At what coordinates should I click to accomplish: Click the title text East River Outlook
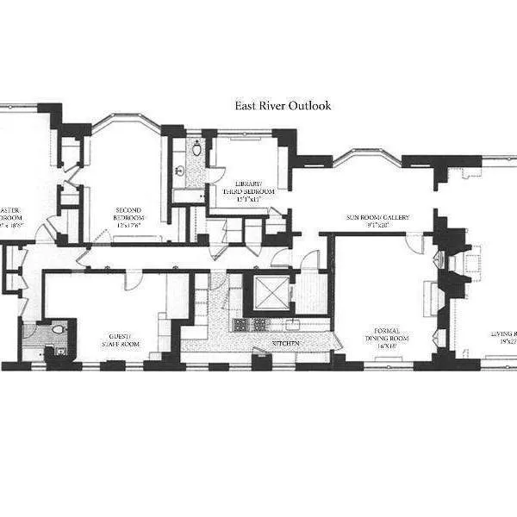point(283,106)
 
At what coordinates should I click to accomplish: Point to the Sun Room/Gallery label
point(377,218)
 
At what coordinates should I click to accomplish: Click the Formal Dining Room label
point(384,332)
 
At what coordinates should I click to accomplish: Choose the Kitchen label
point(285,342)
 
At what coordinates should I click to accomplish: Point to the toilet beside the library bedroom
point(196,149)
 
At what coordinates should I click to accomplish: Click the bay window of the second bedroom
point(126,124)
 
